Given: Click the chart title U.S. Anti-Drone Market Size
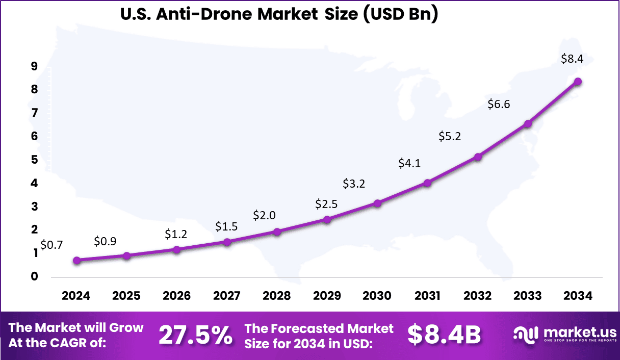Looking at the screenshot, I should pos(279,14).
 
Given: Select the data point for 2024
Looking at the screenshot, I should pos(76,260).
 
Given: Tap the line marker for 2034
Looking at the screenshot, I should pos(578,82).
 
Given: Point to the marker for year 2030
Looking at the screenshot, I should pos(377,203).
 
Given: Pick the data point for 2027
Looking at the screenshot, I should pos(227,242).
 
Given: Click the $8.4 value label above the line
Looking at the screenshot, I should pos(572,59).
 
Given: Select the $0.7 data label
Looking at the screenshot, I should pos(51,245).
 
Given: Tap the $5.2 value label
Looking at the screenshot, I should pos(449,136).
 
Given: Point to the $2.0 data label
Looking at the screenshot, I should pos(265,215).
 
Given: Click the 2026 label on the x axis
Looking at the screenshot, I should pos(176,296).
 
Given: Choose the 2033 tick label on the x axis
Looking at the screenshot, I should pos(528,296).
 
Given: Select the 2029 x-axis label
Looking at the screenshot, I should pos(327,296).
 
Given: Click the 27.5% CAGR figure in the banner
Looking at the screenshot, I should pos(195,335).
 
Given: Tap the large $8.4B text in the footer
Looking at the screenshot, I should pos(444,335).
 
